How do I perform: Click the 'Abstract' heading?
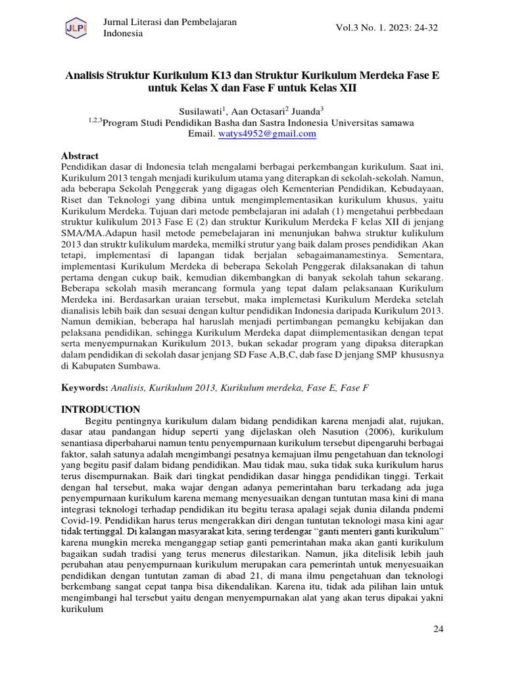(80, 156)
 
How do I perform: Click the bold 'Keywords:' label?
(84, 388)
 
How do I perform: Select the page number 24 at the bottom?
(439, 629)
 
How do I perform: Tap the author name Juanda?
(304, 111)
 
